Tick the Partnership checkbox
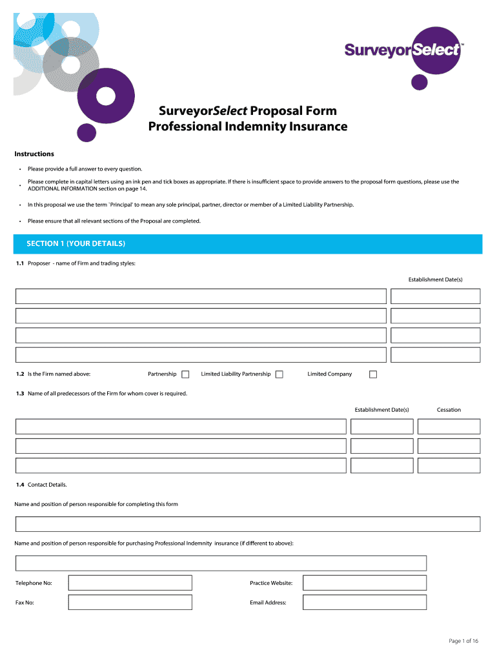pyautogui.click(x=185, y=374)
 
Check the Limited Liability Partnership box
pyautogui.click(x=279, y=374)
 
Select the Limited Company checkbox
pyautogui.click(x=372, y=374)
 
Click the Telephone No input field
pyautogui.click(x=130, y=583)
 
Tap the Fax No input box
pyautogui.click(x=130, y=602)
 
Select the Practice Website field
pyautogui.click(x=365, y=583)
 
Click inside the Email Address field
pyautogui.click(x=365, y=602)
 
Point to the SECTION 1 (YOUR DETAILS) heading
pyautogui.click(x=76, y=244)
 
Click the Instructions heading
pyautogui.click(x=34, y=154)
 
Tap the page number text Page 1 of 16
pyautogui.click(x=463, y=641)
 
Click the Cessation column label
pyautogui.click(x=449, y=410)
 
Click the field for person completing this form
pyautogui.click(x=248, y=524)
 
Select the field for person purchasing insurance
pyautogui.click(x=221, y=563)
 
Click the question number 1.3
pyautogui.click(x=20, y=393)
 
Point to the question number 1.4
pyautogui.click(x=20, y=484)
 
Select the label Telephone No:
pyautogui.click(x=34, y=583)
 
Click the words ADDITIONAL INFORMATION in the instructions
pyautogui.click(x=61, y=188)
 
